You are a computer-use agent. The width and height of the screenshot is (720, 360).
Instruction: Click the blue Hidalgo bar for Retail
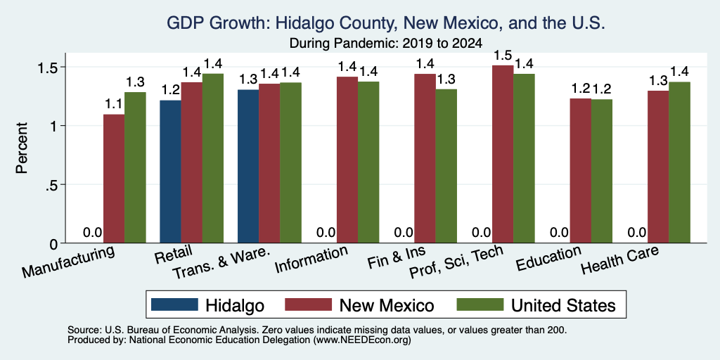[170, 172]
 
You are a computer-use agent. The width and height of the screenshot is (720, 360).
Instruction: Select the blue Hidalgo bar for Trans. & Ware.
[248, 166]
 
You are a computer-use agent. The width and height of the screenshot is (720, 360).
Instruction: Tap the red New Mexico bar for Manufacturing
[114, 179]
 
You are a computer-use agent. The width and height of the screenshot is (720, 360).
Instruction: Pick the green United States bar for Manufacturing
[135, 167]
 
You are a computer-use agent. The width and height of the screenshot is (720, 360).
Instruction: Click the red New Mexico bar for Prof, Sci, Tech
[503, 154]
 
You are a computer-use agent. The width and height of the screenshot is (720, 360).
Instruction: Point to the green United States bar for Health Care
[680, 162]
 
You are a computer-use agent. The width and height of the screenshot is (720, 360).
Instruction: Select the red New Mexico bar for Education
[580, 171]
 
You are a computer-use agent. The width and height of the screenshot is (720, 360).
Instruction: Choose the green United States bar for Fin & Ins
[446, 166]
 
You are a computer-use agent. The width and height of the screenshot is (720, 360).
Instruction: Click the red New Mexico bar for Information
[347, 160]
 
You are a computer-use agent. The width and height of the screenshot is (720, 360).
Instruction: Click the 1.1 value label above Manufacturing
[114, 105]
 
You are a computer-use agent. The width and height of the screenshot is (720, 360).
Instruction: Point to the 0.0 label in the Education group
[559, 232]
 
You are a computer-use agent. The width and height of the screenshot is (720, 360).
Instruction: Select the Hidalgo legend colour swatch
[174, 304]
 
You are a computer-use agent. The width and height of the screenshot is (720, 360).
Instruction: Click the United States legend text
[563, 305]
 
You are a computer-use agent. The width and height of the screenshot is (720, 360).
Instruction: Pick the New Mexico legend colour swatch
[308, 304]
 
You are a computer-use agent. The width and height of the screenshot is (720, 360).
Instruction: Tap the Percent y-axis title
[22, 148]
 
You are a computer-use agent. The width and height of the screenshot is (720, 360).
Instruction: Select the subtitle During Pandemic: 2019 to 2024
[385, 44]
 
